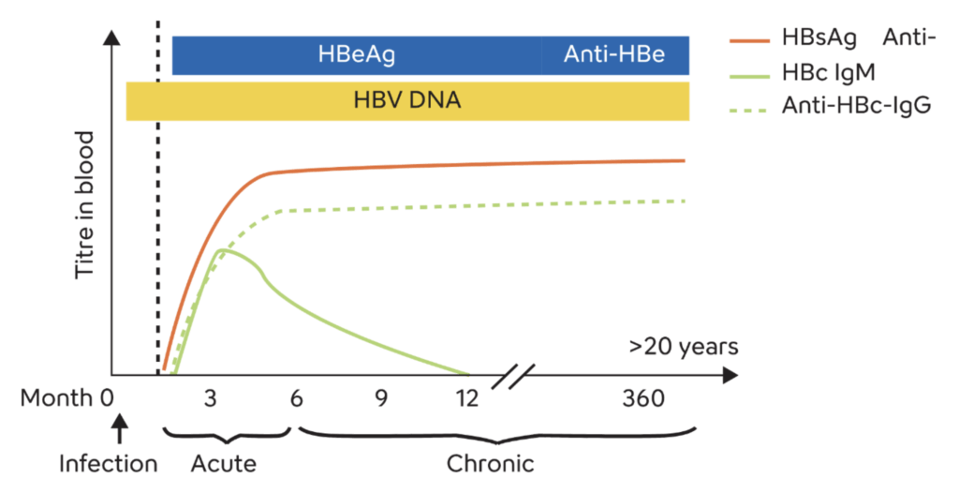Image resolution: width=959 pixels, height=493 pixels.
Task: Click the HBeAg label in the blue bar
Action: pos(356,54)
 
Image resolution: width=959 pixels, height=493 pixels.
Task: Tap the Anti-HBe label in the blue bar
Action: pos(614,54)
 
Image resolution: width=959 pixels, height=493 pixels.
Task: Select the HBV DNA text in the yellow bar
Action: pos(407,99)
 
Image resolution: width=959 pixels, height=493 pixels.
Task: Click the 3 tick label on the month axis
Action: pos(211,398)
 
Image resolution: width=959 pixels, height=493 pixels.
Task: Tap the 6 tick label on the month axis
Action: pos(296,398)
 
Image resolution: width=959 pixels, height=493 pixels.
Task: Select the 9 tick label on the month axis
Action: pos(381,398)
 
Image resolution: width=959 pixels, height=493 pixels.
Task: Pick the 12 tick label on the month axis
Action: pos(466,398)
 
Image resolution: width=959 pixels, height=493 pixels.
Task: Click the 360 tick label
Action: pos(643,398)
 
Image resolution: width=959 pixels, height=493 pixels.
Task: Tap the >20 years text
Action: pos(684,348)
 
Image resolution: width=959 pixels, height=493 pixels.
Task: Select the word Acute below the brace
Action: pos(224,464)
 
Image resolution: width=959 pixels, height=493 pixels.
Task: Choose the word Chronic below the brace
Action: pos(490,464)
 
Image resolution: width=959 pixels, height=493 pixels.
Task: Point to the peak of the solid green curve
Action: pos(221,249)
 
